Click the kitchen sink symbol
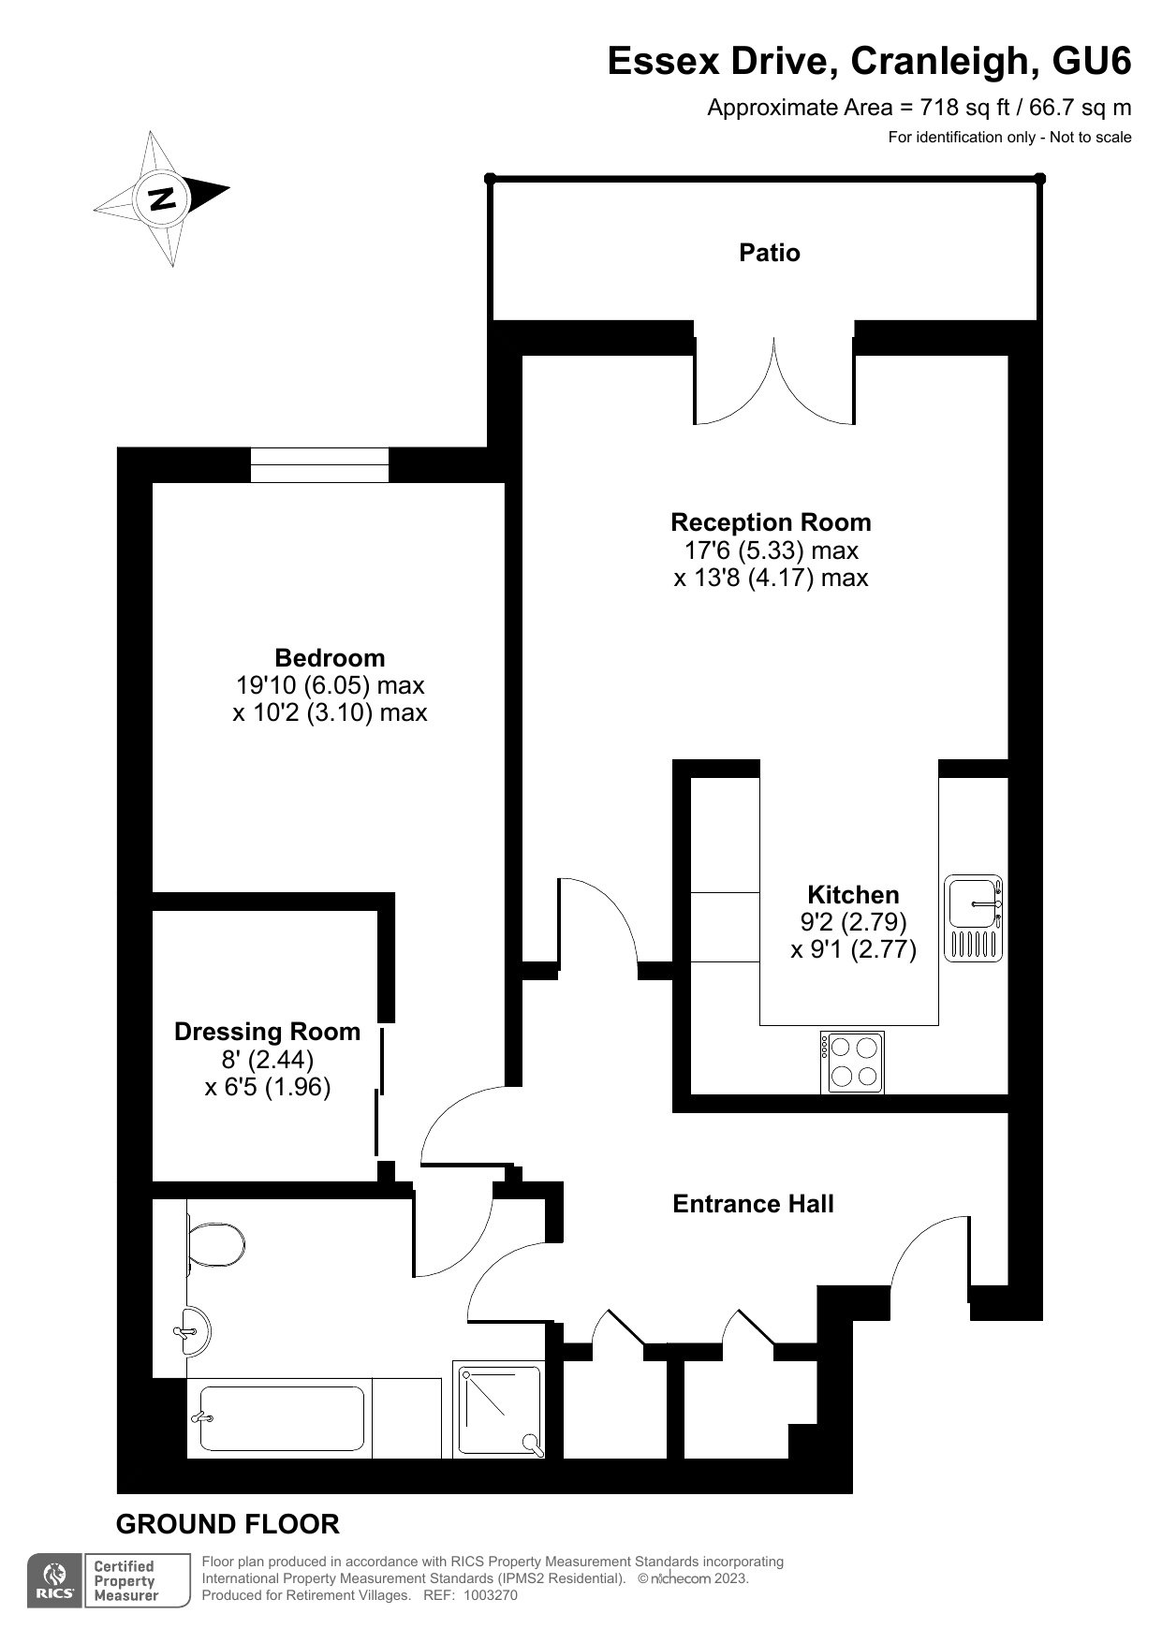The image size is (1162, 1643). (x=974, y=918)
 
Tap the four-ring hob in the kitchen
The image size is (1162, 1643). (x=852, y=1063)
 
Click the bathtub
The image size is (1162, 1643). (x=280, y=1417)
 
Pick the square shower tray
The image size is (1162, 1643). (x=498, y=1409)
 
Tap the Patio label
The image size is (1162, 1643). (x=770, y=253)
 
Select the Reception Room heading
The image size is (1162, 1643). (x=771, y=522)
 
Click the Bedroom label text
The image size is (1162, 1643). (x=330, y=657)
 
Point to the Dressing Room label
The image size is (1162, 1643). (x=267, y=1032)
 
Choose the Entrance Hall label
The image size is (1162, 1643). (x=753, y=1204)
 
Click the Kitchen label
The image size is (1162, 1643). (x=853, y=894)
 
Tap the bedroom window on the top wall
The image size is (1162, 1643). (x=319, y=465)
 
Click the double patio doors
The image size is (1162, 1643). (x=774, y=384)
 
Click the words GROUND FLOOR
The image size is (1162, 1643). (x=228, y=1524)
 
